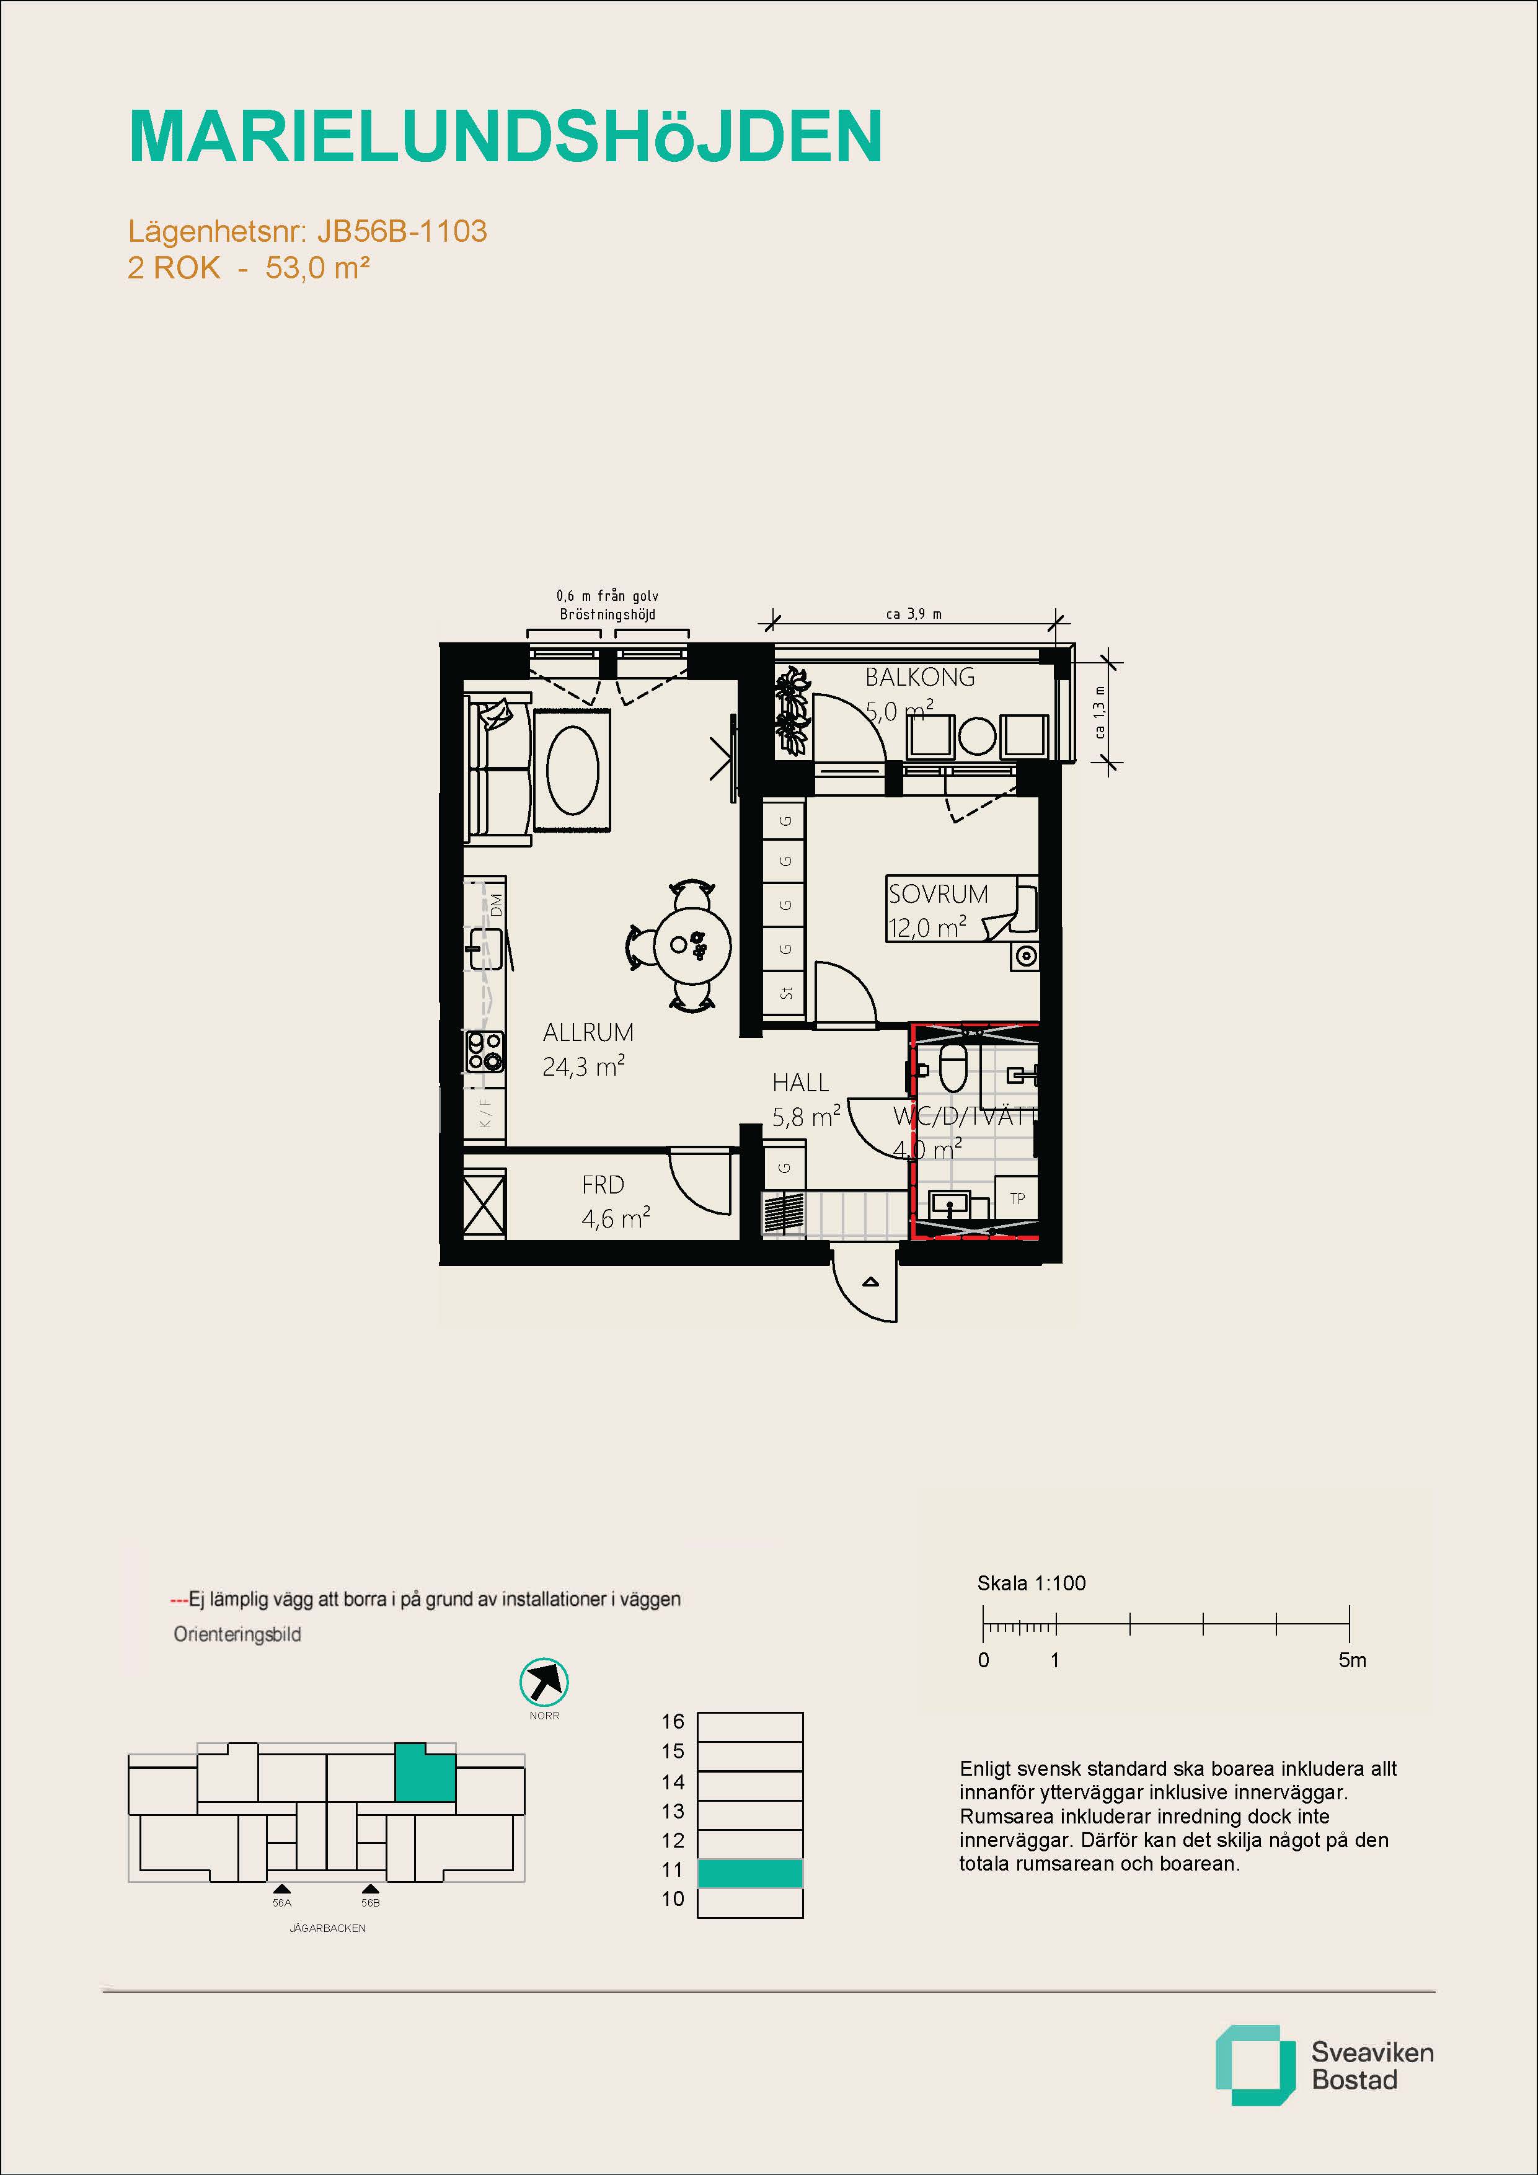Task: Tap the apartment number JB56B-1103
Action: pos(402,231)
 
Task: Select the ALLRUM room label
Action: pos(588,1032)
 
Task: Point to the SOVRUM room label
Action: pos(937,893)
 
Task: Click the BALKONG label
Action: pos(919,677)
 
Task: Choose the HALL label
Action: pos(800,1083)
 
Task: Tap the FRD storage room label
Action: pos(603,1185)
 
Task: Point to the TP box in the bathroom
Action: pos(1017,1198)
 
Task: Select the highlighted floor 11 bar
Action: pos(750,1873)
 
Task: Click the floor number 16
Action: pos(673,1721)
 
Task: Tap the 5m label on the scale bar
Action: pos(1353,1660)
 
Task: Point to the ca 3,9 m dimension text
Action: pos(914,614)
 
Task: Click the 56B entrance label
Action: pos(370,1902)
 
